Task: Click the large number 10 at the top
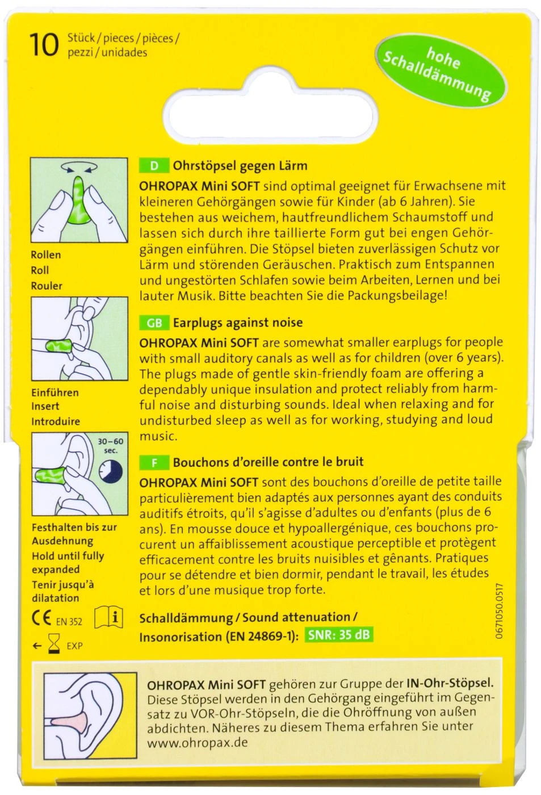coord(44,45)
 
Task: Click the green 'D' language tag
coord(154,166)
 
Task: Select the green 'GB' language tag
coord(154,323)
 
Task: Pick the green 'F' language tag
coord(154,462)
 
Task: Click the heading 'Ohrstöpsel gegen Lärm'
coord(240,166)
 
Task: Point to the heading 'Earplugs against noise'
coord(237,323)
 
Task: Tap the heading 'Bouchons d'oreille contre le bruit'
coord(268,462)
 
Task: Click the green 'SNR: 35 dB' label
coord(339,635)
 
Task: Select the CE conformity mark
coord(41,618)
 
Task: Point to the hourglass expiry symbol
coord(54,645)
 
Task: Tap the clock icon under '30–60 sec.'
coord(110,471)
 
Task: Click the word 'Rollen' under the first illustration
coord(45,255)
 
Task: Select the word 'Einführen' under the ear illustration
coord(55,392)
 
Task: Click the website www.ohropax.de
coord(197,743)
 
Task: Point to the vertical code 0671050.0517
coord(499,610)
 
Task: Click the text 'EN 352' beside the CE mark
coord(69,622)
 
